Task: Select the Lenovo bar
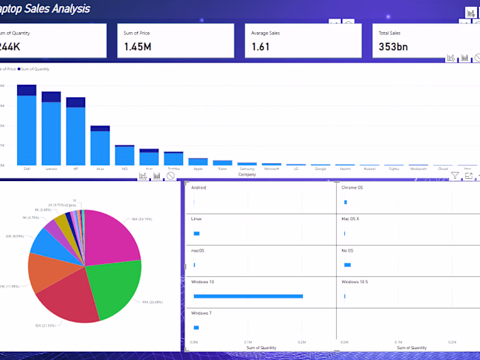(x=51, y=134)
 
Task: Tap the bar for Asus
(x=100, y=147)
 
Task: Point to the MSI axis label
(x=125, y=168)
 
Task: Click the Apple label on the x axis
(x=198, y=168)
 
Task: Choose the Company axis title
(x=247, y=174)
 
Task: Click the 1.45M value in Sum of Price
(x=137, y=46)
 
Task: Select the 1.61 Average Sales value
(x=261, y=46)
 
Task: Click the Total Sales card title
(x=390, y=32)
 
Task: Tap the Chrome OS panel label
(x=353, y=187)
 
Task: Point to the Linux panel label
(x=196, y=219)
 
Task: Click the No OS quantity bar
(x=347, y=265)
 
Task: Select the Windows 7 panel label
(x=201, y=313)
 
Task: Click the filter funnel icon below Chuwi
(x=455, y=176)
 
